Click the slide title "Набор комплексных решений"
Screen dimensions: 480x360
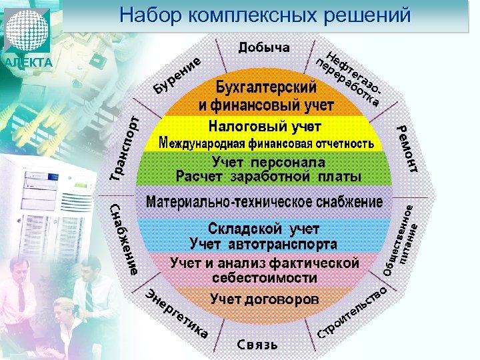(x=265, y=15)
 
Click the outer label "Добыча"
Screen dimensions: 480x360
(x=264, y=47)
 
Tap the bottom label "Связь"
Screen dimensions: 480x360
(x=257, y=345)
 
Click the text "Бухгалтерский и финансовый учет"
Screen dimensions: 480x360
(x=265, y=97)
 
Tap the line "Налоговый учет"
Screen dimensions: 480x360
(x=265, y=126)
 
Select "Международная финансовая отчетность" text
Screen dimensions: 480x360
(x=265, y=144)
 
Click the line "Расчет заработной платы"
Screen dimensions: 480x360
(x=268, y=177)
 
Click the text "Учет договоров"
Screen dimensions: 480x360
(x=265, y=299)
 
